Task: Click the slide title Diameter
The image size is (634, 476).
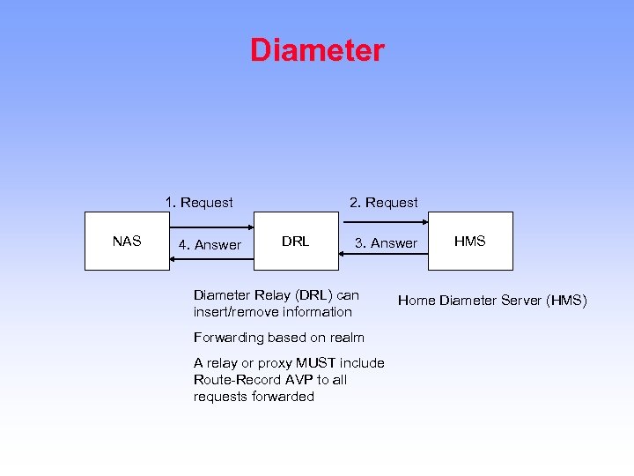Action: [x=317, y=50]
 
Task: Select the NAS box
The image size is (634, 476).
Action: [x=127, y=241]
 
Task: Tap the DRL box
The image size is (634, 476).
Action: [x=296, y=241]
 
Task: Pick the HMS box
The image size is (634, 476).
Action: [x=469, y=241]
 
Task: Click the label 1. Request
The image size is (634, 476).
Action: [x=199, y=203]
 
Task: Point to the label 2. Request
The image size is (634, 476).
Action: [x=383, y=203]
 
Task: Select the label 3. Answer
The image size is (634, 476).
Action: [x=386, y=243]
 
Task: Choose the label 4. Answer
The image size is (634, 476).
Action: [x=210, y=245]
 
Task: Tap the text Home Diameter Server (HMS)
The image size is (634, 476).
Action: [x=492, y=301]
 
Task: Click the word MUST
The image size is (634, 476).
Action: [x=315, y=363]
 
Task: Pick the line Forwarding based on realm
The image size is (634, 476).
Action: [x=278, y=337]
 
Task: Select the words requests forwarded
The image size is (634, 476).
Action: [x=254, y=397]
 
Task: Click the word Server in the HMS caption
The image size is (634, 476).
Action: [x=520, y=301]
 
